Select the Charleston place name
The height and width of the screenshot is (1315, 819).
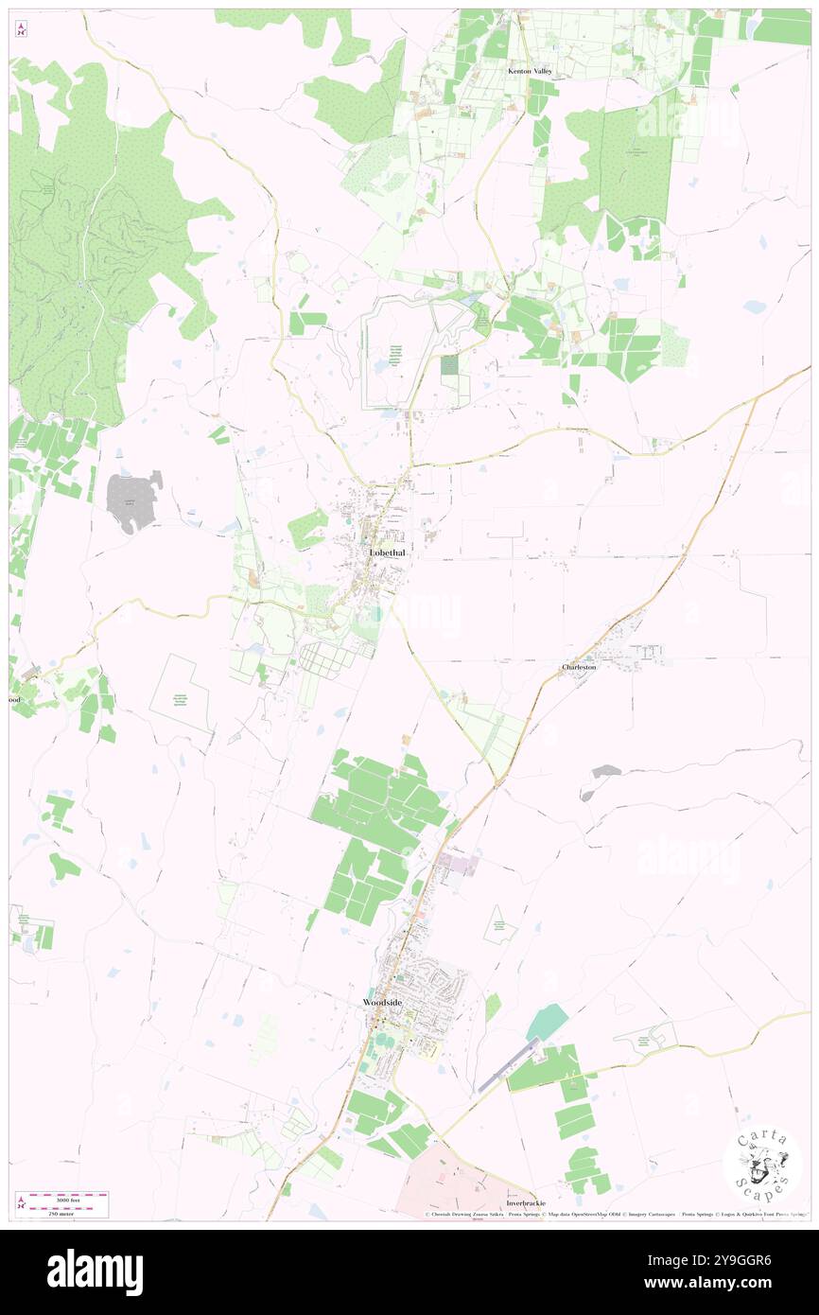point(579,667)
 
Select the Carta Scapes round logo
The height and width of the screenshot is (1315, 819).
point(762,1163)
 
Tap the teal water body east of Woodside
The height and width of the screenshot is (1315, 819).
point(548,1022)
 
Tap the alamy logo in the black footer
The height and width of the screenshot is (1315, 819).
point(95,1270)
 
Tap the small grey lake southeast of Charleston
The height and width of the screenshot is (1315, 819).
point(601,773)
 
